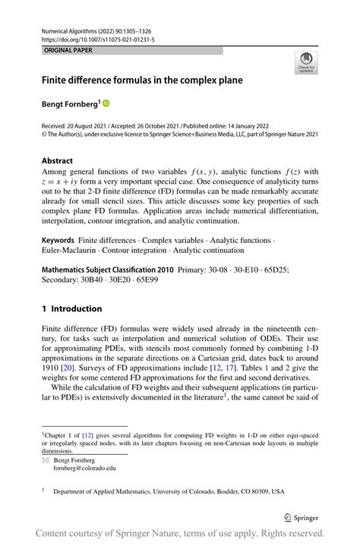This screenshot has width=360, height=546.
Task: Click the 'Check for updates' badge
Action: [x=306, y=63]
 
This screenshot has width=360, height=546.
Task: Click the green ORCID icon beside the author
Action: [x=106, y=102]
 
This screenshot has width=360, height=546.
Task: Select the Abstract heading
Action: [x=57, y=161]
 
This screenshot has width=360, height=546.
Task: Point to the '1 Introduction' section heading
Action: [x=71, y=309]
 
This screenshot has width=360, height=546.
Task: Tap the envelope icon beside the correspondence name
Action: [x=46, y=459]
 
